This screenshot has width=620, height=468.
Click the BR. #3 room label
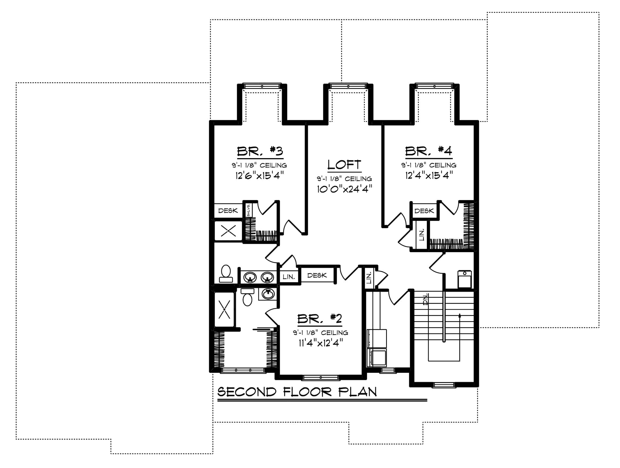click(260, 151)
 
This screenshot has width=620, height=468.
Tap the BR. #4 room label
click(428, 151)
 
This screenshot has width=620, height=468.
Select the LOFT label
click(344, 165)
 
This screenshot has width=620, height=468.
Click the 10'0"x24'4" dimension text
click(345, 189)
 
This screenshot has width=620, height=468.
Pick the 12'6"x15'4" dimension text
click(260, 175)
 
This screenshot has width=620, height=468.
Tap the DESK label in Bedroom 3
click(228, 210)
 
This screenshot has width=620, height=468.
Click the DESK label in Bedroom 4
click(424, 211)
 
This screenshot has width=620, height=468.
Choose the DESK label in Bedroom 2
click(317, 275)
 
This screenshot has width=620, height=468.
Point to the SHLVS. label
click(248, 210)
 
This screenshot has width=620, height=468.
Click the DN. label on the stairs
click(426, 299)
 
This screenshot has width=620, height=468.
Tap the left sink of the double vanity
click(250, 278)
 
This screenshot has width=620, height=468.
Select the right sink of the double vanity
click(267, 278)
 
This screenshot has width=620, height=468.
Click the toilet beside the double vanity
click(226, 274)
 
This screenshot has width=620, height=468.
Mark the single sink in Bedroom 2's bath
click(268, 294)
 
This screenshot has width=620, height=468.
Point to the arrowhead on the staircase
click(459, 316)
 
